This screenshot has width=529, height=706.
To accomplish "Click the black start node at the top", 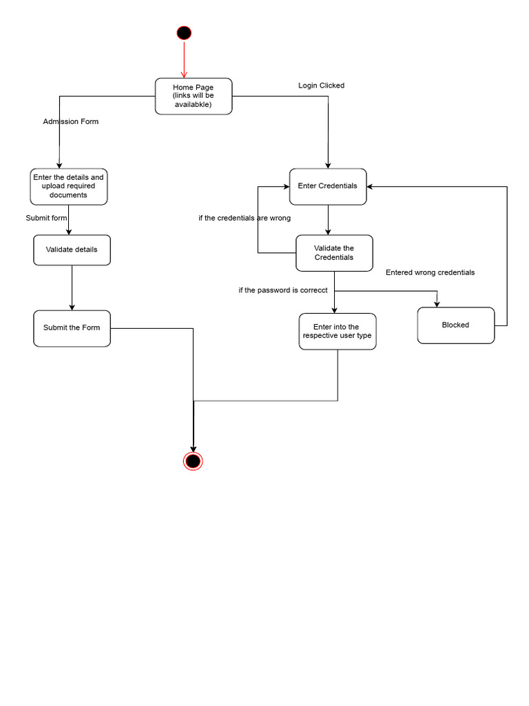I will tap(184, 33).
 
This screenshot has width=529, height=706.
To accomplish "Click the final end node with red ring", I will tap(193, 461).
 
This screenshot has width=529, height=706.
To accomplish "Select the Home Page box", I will tap(194, 97).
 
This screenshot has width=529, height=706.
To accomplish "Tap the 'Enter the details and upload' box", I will tap(69, 186).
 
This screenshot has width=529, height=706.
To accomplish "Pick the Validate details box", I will tap(72, 250).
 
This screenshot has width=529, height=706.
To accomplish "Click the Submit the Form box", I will tap(72, 328).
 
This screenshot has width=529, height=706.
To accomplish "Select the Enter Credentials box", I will tap(328, 186).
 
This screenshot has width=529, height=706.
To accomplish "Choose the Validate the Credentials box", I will tap(334, 253).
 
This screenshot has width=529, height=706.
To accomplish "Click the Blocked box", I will tap(455, 325).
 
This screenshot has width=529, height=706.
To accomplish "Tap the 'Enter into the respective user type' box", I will tap(338, 332).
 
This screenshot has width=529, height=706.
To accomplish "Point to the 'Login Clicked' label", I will tap(321, 85).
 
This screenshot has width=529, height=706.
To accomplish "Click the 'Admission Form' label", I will tap(71, 122).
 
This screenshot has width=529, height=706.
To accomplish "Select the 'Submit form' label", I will tap(46, 218).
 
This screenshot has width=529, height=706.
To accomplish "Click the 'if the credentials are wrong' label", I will tap(245, 218).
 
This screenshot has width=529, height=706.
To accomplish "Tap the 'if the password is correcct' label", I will tap(283, 290).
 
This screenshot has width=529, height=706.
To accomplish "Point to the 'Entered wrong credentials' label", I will tap(430, 272).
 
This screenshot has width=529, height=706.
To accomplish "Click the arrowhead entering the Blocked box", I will tap(437, 303).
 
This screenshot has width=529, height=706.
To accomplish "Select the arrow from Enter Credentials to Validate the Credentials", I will tap(328, 220).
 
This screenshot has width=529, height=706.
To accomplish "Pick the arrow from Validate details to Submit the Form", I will tap(72, 288).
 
